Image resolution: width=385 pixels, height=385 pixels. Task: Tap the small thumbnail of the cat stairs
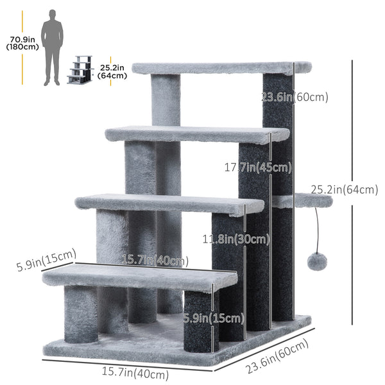(x=81, y=70)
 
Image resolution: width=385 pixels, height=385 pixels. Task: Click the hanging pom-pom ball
(x=316, y=261)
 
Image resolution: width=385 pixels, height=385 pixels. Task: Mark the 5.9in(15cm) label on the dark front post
(x=214, y=318)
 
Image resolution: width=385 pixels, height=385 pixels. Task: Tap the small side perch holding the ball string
(x=302, y=201)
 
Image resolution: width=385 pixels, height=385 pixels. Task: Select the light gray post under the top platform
(x=166, y=99)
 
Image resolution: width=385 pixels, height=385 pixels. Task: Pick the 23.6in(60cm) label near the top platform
(x=295, y=98)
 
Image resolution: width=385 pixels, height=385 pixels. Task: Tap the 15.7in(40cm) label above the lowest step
(x=155, y=261)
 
